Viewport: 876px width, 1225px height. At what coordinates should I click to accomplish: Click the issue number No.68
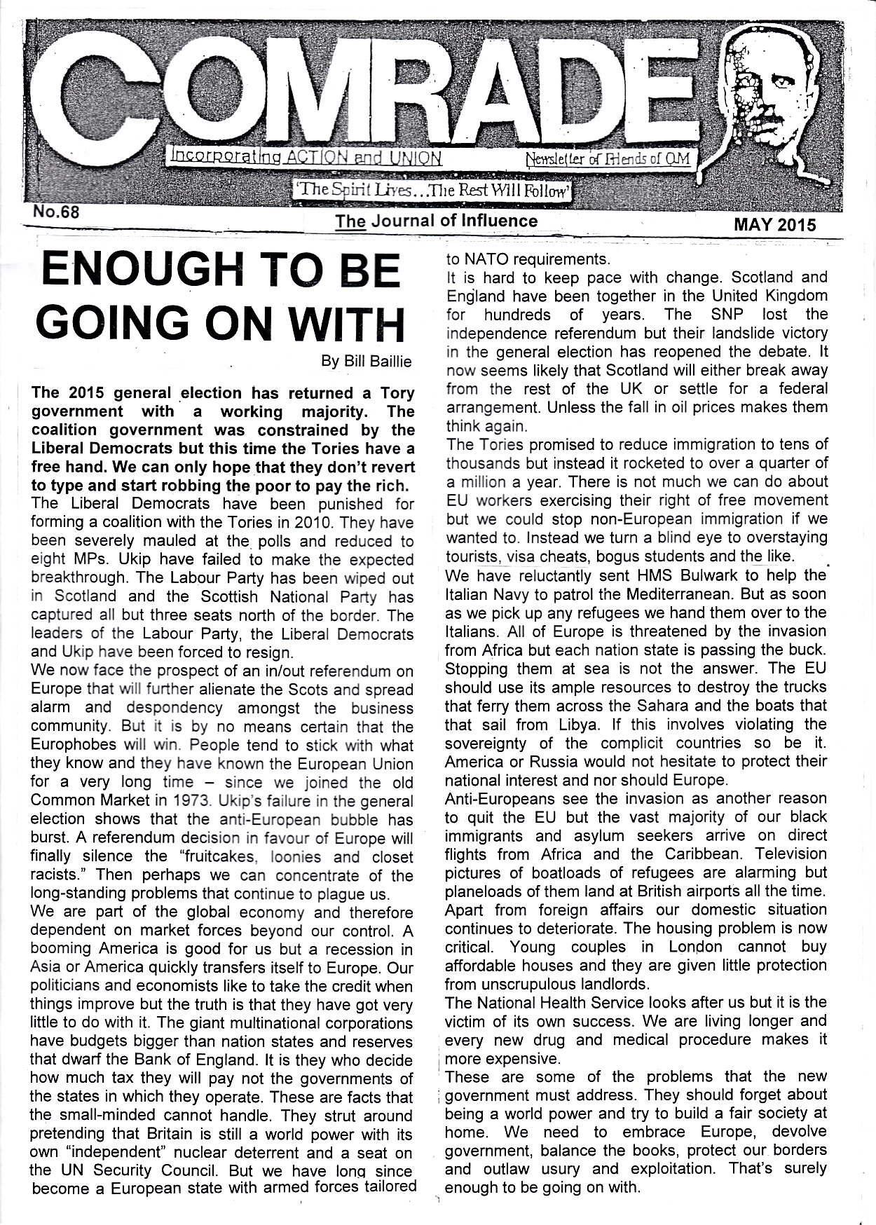pyautogui.click(x=55, y=211)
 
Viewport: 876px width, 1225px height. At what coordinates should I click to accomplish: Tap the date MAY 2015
pyautogui.click(x=774, y=225)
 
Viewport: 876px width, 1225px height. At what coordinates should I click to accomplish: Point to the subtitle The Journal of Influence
pyautogui.click(x=436, y=221)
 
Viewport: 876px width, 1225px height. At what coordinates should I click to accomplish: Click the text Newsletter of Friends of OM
pyautogui.click(x=608, y=160)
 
